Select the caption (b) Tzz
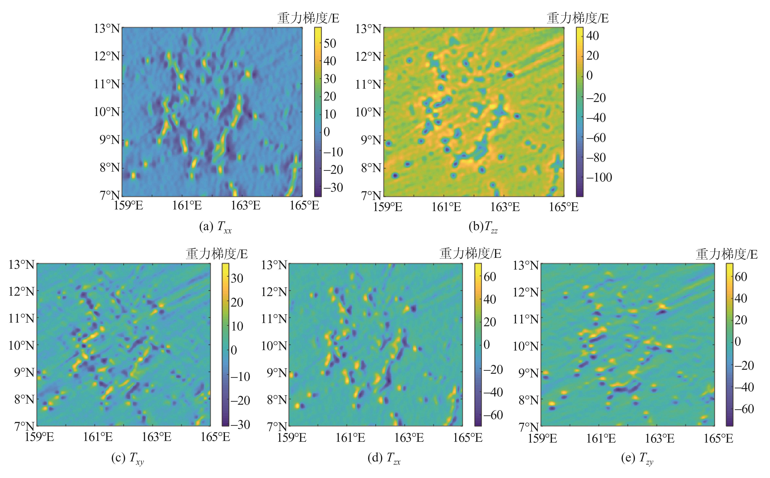tap(483, 227)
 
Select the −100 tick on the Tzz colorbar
tap(599, 177)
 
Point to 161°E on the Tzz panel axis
tap(446, 207)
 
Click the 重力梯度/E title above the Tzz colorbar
tap(577, 18)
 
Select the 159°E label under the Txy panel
tap(39, 438)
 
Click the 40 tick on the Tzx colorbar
tap(490, 299)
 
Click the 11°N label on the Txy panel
tap(21, 318)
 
